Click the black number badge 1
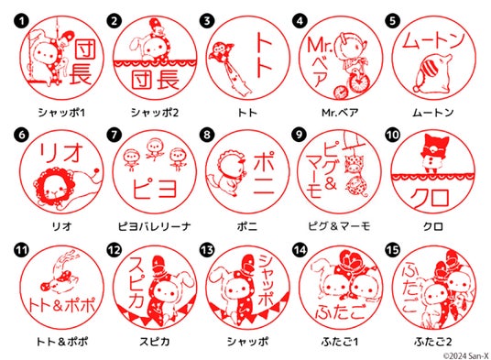(x=21, y=21)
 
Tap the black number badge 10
(x=393, y=135)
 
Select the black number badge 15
(x=393, y=250)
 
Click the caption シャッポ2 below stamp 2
(x=155, y=113)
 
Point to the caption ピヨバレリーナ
(x=155, y=226)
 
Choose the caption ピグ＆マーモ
(x=340, y=226)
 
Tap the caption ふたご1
(x=340, y=342)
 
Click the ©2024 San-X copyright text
(x=466, y=356)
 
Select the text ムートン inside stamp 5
(x=433, y=40)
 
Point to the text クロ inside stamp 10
(x=431, y=198)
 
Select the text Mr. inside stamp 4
(x=320, y=46)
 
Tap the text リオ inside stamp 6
(x=60, y=153)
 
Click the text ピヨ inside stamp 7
(x=155, y=188)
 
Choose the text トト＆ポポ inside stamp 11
(x=61, y=305)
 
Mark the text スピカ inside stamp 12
(x=136, y=282)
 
